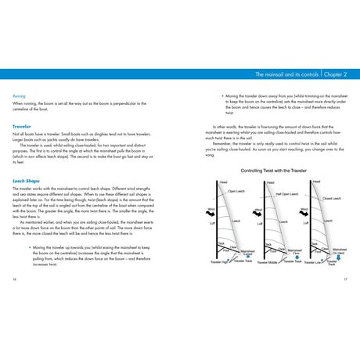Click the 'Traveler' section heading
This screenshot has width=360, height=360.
tap(21, 125)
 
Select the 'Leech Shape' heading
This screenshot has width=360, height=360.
tap(26, 180)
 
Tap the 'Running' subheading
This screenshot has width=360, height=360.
tap(20, 95)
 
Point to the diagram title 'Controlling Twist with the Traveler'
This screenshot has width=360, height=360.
tap(274, 170)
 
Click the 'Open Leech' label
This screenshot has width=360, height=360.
tap(236, 191)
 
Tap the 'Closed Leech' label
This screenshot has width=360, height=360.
tap(331, 198)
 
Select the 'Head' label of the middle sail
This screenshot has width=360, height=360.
tap(270, 182)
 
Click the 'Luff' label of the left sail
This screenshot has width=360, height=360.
tap(212, 224)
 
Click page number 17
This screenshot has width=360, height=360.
tap(345, 278)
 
